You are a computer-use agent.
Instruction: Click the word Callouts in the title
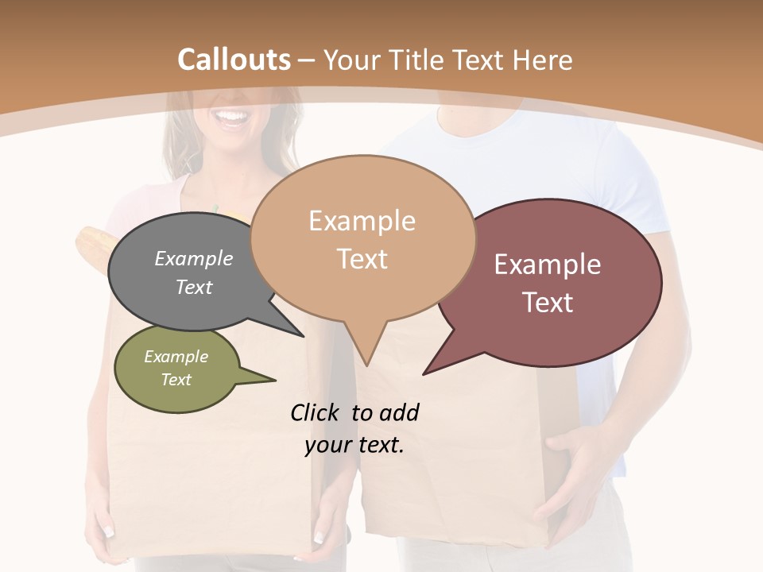click(234, 60)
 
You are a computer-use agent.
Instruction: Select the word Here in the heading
click(544, 60)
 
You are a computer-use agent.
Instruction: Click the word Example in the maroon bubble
click(548, 265)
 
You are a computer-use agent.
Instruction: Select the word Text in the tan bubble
click(362, 259)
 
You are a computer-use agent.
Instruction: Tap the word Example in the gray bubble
click(194, 258)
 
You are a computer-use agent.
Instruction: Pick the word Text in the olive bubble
click(176, 380)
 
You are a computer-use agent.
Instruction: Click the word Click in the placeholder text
click(317, 412)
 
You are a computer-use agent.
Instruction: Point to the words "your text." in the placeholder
click(354, 446)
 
